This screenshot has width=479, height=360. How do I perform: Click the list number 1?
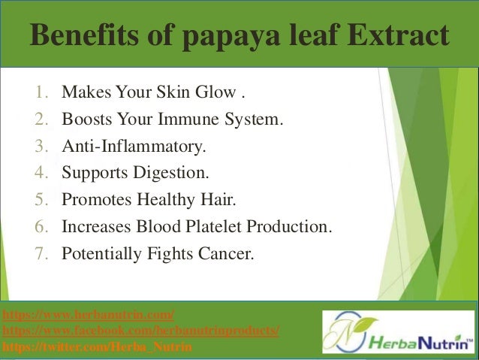(x=40, y=95)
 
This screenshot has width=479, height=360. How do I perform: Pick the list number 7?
(x=40, y=253)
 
